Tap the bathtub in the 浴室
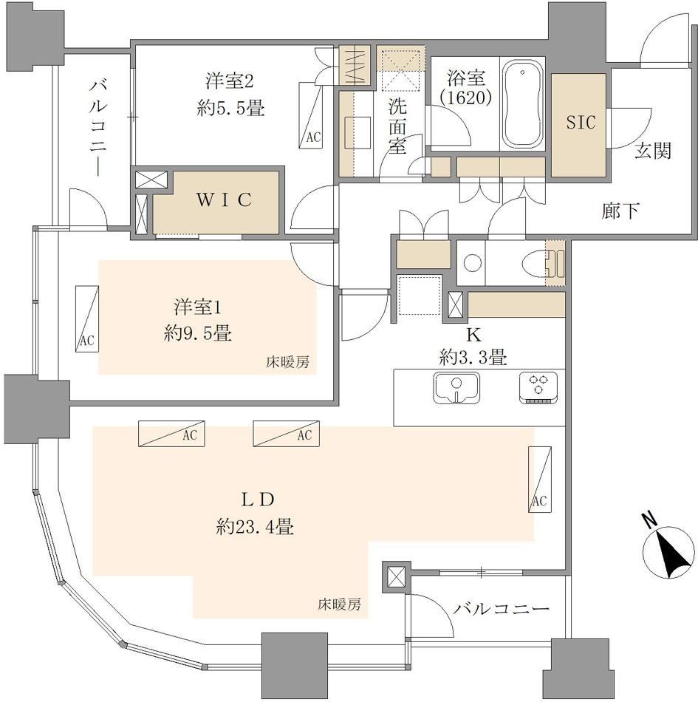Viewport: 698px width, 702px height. point(523,104)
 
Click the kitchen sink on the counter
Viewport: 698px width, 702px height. point(456,387)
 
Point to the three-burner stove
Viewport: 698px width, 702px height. point(538,388)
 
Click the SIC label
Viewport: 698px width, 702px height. point(581,122)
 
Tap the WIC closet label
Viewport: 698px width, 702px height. point(225,200)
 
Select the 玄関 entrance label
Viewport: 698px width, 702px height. point(653,151)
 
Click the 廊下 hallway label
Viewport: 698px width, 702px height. point(620,211)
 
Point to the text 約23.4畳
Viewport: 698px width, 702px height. point(255,526)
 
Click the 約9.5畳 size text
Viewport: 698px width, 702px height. point(198,333)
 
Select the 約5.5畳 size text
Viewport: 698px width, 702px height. point(230,108)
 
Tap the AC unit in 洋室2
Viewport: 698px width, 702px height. point(310,115)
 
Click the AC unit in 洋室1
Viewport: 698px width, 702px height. point(87,318)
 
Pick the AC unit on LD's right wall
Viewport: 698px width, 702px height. point(540,479)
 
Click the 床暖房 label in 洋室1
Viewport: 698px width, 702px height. point(288,362)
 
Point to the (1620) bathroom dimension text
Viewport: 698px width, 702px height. point(466,97)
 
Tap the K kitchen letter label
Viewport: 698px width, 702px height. point(473,335)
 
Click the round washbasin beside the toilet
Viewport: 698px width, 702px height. point(473,263)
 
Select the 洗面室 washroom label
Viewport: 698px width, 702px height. point(397,126)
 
